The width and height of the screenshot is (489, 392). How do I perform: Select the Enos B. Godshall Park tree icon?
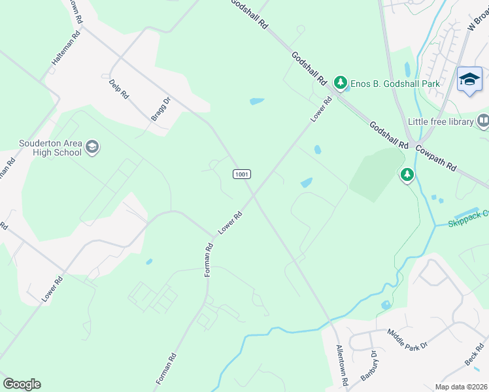point(340,83)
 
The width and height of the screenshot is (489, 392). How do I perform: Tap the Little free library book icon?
point(483,121)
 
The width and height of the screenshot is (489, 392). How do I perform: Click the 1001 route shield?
point(241,174)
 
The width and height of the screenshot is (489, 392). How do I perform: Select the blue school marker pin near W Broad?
point(469,80)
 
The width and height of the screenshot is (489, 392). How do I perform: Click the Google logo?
point(22,384)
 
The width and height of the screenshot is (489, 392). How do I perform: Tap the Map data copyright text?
point(461,387)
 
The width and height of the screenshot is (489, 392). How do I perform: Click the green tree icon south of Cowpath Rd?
point(407,174)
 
